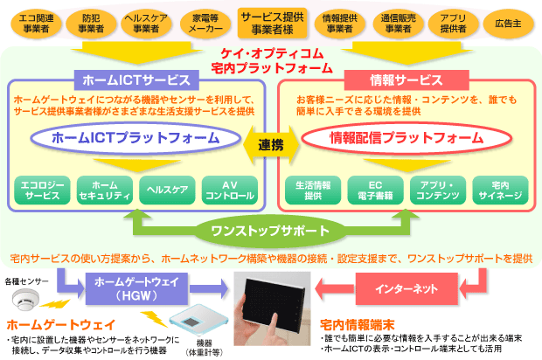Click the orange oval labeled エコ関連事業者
click(37, 23)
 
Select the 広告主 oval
click(508, 24)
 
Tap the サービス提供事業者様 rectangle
click(273, 23)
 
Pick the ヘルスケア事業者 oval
click(146, 23)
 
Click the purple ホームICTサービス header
click(136, 80)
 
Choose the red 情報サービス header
click(406, 80)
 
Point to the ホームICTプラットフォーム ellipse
click(135, 138)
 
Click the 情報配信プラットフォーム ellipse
click(406, 138)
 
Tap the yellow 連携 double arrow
click(271, 145)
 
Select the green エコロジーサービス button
click(42, 190)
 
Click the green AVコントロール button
click(230, 190)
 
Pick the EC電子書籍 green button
click(375, 190)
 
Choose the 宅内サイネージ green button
click(500, 190)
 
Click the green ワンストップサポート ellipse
click(271, 231)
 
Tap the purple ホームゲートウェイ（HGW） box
click(136, 289)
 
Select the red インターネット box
click(406, 289)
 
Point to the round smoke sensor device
click(26, 299)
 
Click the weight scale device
click(198, 321)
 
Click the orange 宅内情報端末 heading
click(358, 325)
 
